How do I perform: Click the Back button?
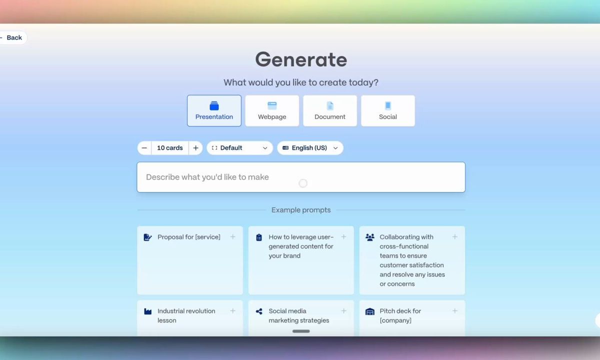[x=13, y=37]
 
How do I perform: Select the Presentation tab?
[x=214, y=110]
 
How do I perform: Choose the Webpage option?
[x=272, y=110]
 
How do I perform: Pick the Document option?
[x=329, y=110]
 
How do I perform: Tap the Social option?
[x=387, y=110]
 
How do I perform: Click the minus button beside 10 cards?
[x=144, y=148]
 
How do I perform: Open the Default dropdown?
[x=239, y=148]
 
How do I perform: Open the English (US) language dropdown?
[x=310, y=148]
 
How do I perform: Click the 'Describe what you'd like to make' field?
[x=301, y=177]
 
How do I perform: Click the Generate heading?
[x=301, y=59]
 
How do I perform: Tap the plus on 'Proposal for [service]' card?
[x=233, y=237]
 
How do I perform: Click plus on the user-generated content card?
[x=343, y=237]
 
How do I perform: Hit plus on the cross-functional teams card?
[x=455, y=237]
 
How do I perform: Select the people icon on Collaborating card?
[x=370, y=237]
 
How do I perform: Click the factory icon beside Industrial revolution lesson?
[x=148, y=311]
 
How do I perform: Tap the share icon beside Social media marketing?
[x=259, y=311]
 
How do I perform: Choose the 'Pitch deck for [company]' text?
[x=400, y=316]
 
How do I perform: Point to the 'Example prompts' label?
[x=301, y=210]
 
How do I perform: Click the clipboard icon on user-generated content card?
[x=259, y=237]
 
